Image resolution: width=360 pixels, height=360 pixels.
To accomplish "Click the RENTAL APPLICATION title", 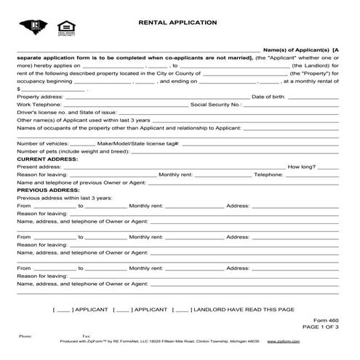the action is point(177,23).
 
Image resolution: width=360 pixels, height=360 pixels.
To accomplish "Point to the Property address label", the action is point(40,97).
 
